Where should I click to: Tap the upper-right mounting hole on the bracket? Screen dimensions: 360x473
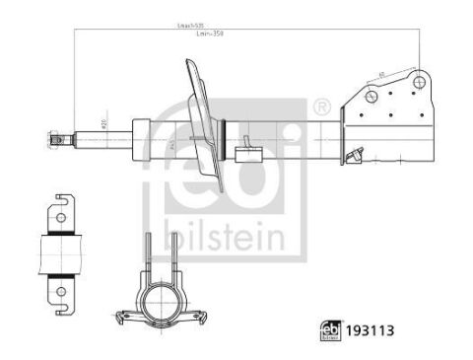(x=419, y=83)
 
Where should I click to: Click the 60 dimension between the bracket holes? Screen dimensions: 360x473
(x=381, y=75)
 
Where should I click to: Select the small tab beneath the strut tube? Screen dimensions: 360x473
(x=247, y=153)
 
